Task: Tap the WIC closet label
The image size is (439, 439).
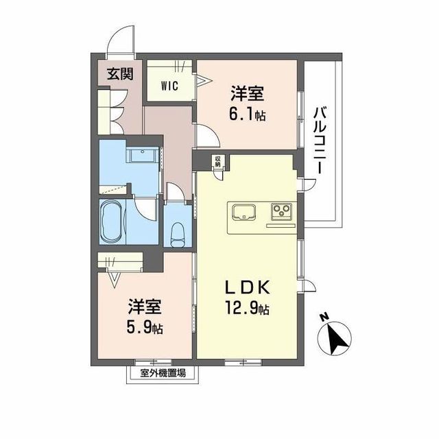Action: pos(170,86)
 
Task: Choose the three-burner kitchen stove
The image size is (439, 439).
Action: pos(281,211)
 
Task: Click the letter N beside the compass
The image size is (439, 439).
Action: pos(324,317)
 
